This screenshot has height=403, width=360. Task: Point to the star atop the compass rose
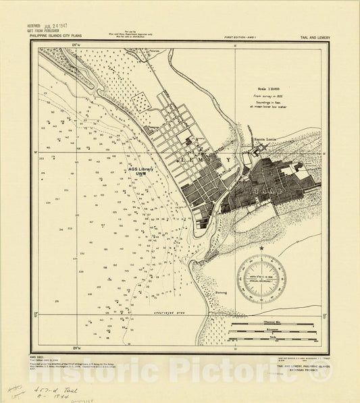[x=261, y=250]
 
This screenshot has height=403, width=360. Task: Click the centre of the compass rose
[x=261, y=278]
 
